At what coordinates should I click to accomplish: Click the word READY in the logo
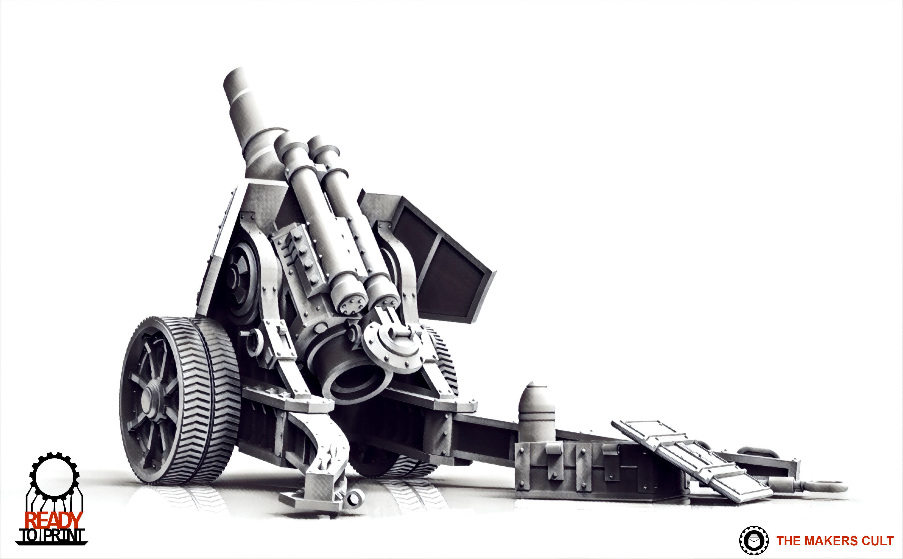(x=54, y=520)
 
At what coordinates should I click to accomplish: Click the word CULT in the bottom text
(x=877, y=541)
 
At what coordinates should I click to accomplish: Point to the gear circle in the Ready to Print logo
(x=54, y=476)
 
